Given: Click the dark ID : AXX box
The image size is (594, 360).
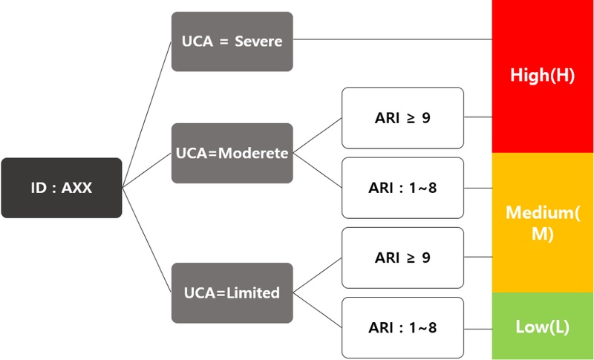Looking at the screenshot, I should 62,188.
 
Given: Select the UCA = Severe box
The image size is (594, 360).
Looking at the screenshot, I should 232,42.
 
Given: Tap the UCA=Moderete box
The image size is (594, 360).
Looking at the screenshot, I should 232,153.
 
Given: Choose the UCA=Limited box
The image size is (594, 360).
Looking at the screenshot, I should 232,292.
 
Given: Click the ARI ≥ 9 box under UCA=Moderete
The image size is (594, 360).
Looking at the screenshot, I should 402,117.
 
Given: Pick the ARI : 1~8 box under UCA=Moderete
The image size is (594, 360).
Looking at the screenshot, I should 402,187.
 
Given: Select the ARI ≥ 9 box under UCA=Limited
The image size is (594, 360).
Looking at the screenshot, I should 402,258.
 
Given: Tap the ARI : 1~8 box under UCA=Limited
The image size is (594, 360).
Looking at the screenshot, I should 402,327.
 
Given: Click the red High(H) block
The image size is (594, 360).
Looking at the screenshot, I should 543,76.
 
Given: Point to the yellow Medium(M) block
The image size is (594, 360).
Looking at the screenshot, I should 543,223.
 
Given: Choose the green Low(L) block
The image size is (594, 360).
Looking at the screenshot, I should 543,327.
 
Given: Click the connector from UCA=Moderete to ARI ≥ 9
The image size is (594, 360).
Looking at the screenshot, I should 317,135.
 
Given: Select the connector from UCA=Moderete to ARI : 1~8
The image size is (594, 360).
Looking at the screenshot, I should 317,170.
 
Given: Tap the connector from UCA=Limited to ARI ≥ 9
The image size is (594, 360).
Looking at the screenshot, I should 317,275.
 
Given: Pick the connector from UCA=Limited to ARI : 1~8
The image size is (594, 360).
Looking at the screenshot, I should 317,310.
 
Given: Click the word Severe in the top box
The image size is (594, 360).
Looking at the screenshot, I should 258,42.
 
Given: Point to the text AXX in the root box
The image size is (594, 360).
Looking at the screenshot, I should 76,188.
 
